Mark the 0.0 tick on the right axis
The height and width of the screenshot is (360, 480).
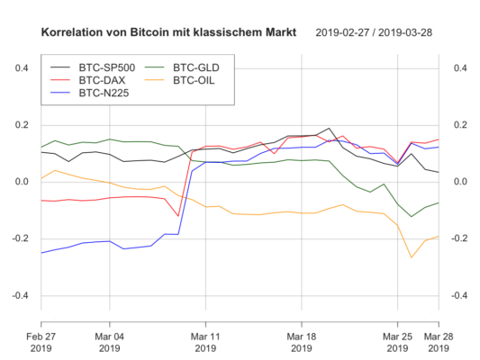point(458,182)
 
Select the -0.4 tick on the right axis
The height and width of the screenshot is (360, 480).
point(457,296)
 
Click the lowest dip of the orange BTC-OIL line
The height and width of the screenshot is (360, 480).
point(412,258)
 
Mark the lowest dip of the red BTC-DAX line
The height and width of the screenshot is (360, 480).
point(178,216)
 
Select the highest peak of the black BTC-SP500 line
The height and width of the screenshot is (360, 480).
point(330,129)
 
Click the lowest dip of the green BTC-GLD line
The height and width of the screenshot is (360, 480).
point(412,217)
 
